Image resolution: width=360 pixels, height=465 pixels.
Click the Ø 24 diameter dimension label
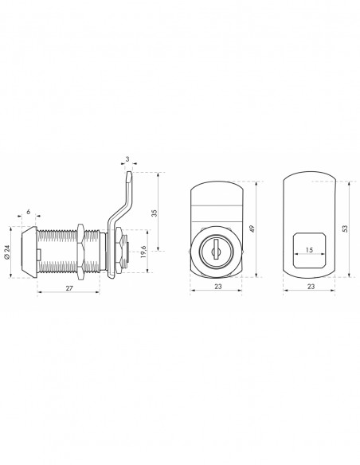[x=7, y=252]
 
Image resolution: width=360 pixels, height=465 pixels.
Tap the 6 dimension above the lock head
[x=29, y=212]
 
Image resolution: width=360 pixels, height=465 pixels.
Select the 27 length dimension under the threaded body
[x=69, y=287]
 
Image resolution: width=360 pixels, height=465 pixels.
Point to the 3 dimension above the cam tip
[x=127, y=159]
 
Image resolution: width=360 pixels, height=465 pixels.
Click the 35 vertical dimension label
[x=154, y=213]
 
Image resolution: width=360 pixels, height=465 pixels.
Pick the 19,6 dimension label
[x=143, y=252]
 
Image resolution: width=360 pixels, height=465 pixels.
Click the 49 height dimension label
[x=252, y=229]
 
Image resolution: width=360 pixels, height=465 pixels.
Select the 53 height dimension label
[x=345, y=229]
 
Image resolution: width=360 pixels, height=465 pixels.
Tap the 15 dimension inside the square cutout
[x=309, y=250]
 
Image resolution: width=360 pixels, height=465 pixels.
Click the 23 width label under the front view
[x=218, y=286]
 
